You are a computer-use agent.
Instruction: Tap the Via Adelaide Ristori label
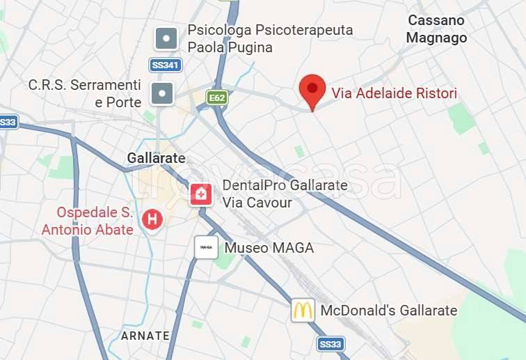pos(394,93)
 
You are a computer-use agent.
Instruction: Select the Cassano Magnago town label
pos(436,29)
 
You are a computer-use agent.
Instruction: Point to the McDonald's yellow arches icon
pos(303,311)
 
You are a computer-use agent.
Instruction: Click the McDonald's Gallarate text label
pos(388,311)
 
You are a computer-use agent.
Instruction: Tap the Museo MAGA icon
pos(206,247)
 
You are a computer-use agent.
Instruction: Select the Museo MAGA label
pos(269,248)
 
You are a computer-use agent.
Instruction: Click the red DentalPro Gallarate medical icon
pos(201,194)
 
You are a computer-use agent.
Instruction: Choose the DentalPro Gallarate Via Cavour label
pos(284,194)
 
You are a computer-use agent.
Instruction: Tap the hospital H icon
pos(151,220)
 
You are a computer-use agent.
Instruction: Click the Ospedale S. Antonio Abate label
pos(88,220)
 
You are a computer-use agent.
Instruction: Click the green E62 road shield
pos(217,98)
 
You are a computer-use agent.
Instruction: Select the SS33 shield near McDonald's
pos(330,343)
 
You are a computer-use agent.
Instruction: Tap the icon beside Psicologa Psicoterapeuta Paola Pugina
pos(166,38)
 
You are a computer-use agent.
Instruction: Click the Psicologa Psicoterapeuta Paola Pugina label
pos(270,39)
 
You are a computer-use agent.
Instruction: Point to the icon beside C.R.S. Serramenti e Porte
pos(161,93)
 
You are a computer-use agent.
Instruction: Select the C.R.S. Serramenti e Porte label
pos(85,93)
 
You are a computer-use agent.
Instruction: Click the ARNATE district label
pos(145,336)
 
